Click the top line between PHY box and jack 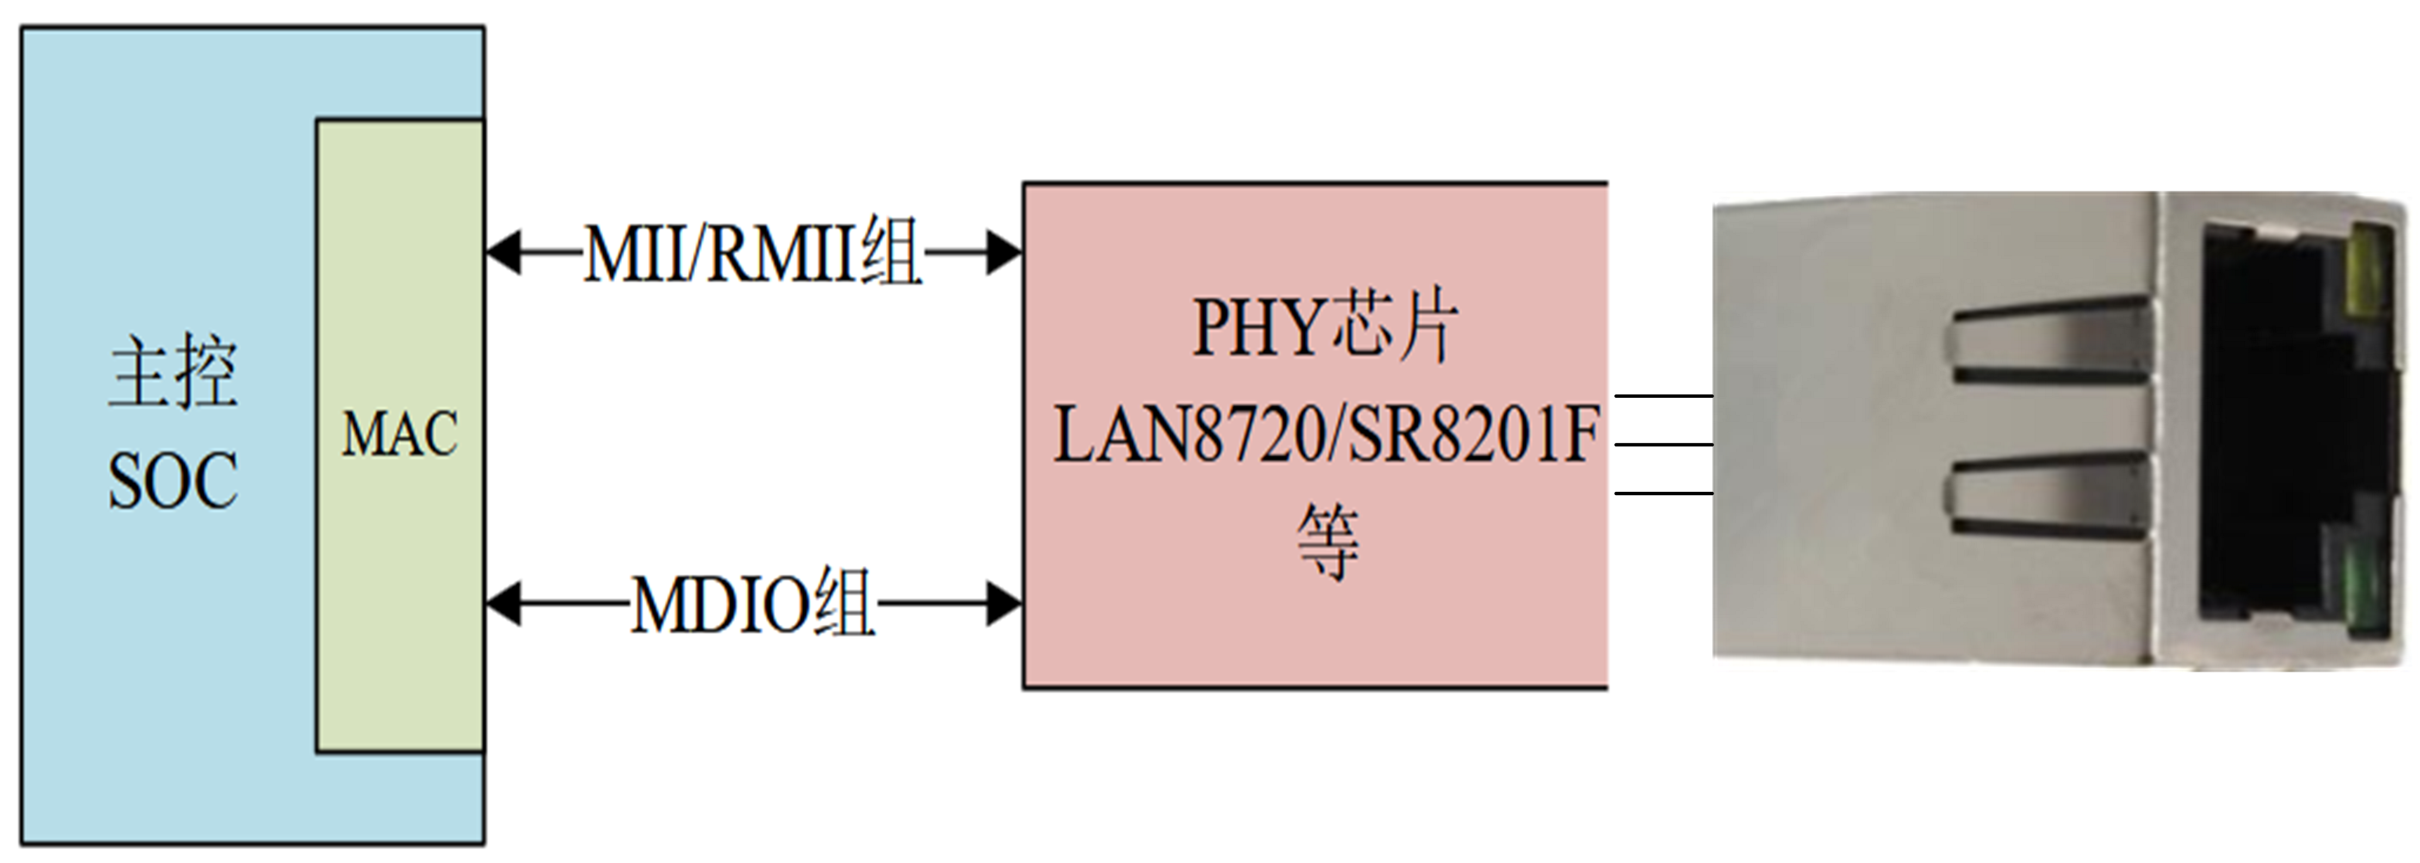(x=1664, y=396)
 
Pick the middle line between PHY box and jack (x=1664, y=444)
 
